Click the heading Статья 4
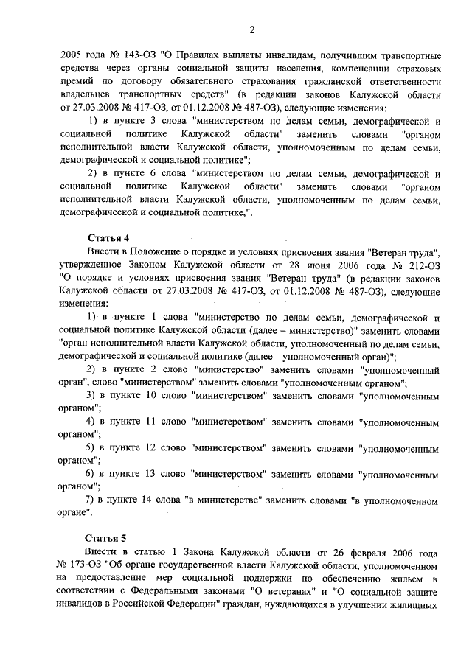pyautogui.click(x=108, y=237)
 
